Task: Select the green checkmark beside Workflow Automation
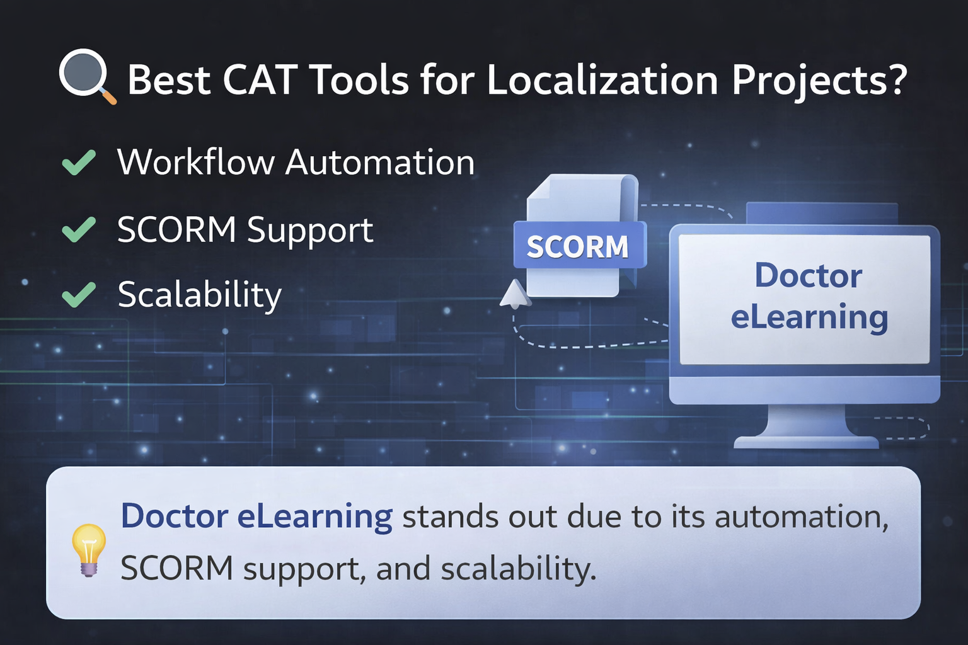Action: pyautogui.click(x=79, y=163)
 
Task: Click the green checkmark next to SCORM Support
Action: pyautogui.click(x=79, y=229)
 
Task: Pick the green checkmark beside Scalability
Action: pyautogui.click(x=79, y=294)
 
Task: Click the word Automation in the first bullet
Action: pyautogui.click(x=379, y=163)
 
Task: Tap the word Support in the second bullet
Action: pyautogui.click(x=309, y=231)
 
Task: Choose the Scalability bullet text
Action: pyautogui.click(x=199, y=295)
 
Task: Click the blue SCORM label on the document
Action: pyautogui.click(x=578, y=246)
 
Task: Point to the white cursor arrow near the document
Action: pyautogui.click(x=515, y=294)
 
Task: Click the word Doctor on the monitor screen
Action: pyautogui.click(x=808, y=275)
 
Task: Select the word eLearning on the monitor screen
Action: pyautogui.click(x=809, y=317)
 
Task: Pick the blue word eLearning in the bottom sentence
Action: pyautogui.click(x=314, y=517)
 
